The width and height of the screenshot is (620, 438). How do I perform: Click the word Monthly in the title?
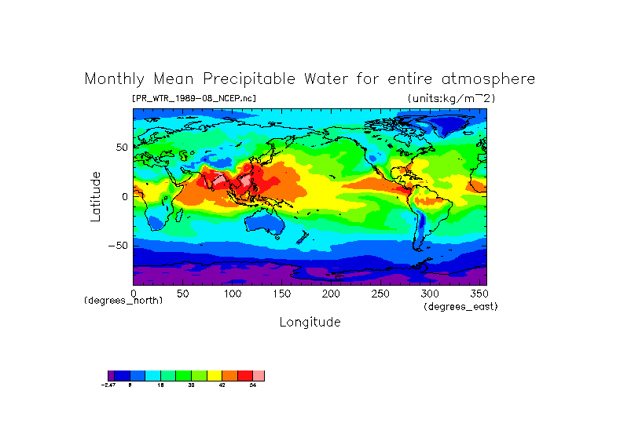pyautogui.click(x=114, y=79)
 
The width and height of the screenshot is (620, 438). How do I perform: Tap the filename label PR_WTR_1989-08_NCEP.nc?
pyautogui.click(x=193, y=98)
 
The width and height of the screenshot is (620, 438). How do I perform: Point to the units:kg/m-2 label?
pyautogui.click(x=451, y=98)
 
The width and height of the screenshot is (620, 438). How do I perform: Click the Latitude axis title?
pyautogui.click(x=96, y=196)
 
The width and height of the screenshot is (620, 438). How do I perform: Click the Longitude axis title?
pyautogui.click(x=310, y=322)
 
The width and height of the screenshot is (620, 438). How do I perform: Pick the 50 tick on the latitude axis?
pyautogui.click(x=122, y=148)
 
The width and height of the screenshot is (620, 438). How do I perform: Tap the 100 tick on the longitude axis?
pyautogui.click(x=233, y=293)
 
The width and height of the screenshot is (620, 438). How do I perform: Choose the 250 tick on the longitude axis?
pyautogui.click(x=380, y=293)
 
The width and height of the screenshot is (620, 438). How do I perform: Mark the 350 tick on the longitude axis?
pyautogui.click(x=479, y=293)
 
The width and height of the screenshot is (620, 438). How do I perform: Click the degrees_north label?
pyautogui.click(x=123, y=301)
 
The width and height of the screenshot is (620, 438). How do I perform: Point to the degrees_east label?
pyautogui.click(x=460, y=306)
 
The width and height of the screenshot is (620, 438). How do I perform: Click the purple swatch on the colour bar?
pyautogui.click(x=111, y=376)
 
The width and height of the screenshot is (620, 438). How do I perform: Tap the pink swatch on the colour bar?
pyautogui.click(x=259, y=376)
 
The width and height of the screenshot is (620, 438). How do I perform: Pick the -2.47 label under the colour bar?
pyautogui.click(x=109, y=385)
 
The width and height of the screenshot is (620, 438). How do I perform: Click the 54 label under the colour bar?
pyautogui.click(x=253, y=385)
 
